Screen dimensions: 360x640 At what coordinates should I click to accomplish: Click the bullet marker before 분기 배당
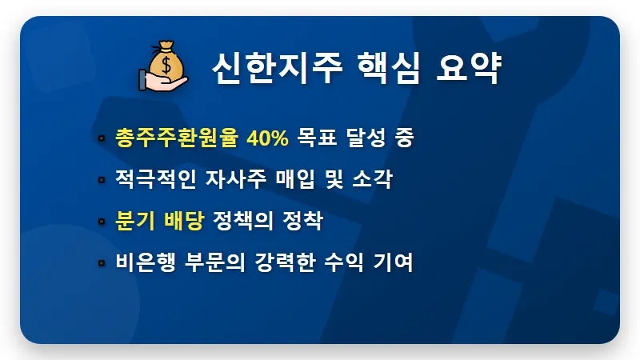click(102, 221)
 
